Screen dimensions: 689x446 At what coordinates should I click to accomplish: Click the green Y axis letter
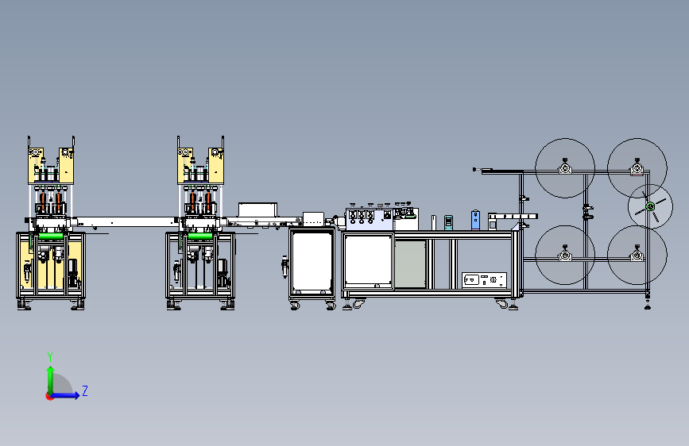point(50,356)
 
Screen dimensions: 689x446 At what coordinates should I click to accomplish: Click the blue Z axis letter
point(85,390)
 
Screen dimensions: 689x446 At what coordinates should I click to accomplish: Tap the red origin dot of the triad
point(49,396)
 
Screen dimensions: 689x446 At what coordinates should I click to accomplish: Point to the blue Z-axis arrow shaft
point(64,395)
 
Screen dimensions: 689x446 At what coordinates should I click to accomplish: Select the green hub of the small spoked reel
point(650,207)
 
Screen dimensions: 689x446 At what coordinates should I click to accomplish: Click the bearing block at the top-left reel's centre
point(565,167)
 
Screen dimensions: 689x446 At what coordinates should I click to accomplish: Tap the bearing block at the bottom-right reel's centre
point(637,255)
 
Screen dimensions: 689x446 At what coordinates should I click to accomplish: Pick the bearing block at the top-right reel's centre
point(637,167)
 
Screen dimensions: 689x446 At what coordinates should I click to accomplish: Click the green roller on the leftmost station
point(51,236)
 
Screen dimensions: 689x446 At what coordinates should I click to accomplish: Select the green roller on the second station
point(200,236)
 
